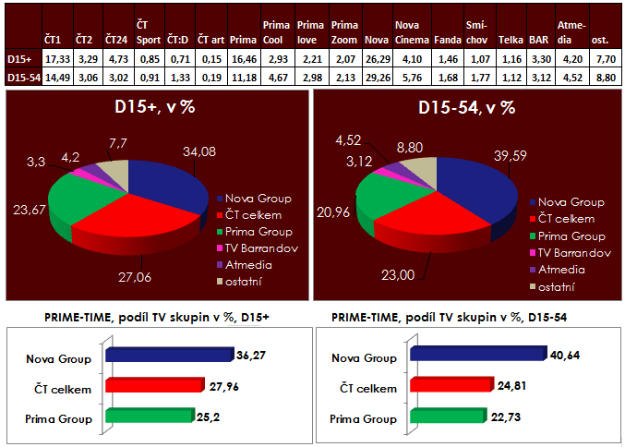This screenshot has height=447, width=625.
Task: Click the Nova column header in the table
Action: (x=375, y=41)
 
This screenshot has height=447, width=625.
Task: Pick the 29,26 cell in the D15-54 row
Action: (x=375, y=78)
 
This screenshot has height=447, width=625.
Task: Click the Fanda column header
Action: (x=443, y=41)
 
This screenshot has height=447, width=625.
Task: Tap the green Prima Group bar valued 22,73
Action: (x=448, y=417)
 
